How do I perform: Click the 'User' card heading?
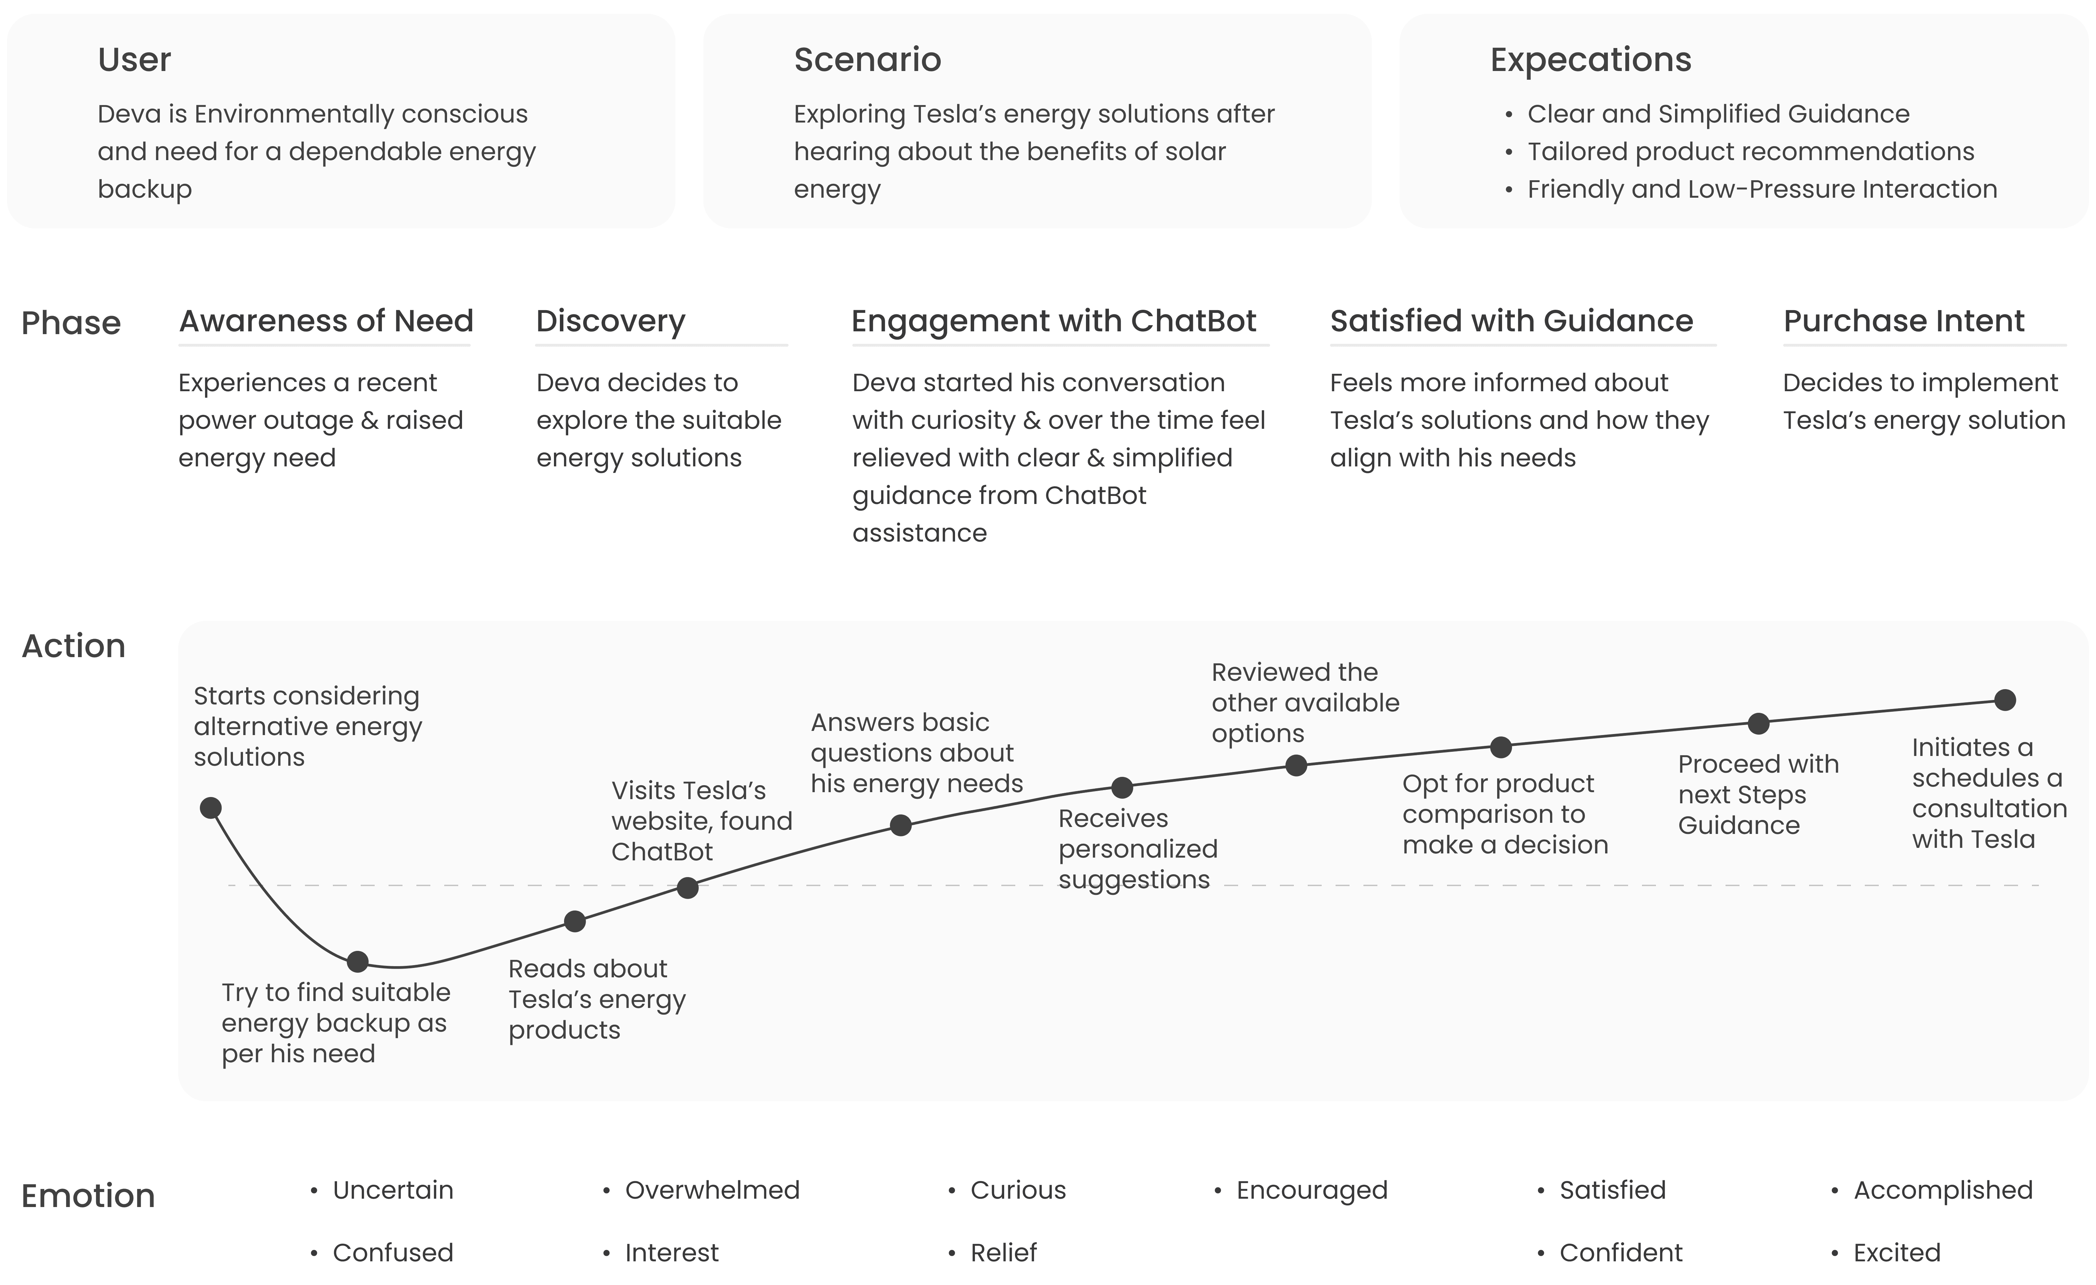(x=134, y=60)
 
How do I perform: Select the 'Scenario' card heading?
(x=867, y=60)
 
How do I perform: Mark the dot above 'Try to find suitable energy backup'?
(x=357, y=962)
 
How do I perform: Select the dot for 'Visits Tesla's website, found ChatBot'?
(x=687, y=888)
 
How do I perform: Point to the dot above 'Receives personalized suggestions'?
(x=1122, y=788)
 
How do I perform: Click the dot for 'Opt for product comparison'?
(x=1501, y=748)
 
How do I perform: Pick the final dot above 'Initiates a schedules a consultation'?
(x=2005, y=700)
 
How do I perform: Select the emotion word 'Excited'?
(x=1897, y=1253)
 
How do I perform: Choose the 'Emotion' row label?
(x=88, y=1196)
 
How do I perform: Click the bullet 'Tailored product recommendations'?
(x=1750, y=151)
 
